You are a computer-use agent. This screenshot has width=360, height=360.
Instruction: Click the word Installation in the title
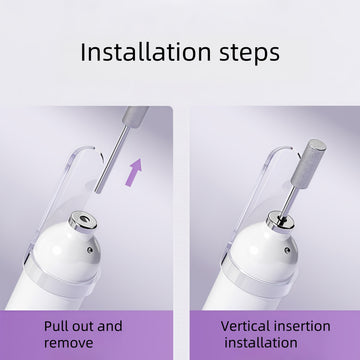[x=146, y=52]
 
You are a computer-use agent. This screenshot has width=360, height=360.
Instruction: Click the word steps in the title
[x=250, y=53]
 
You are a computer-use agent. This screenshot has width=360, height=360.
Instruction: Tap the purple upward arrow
[x=134, y=172]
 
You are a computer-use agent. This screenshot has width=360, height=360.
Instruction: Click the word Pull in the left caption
[x=55, y=326]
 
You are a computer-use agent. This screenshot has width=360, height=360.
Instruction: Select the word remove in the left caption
[x=69, y=343]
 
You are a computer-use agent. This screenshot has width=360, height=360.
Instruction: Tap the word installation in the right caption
[x=261, y=343]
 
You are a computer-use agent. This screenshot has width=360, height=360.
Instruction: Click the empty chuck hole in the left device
[x=83, y=219]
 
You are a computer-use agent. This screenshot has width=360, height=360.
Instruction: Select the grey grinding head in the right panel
[x=309, y=163]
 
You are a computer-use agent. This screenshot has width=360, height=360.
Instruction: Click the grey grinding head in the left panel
[x=136, y=115]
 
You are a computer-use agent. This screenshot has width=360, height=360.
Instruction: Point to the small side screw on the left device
[x=90, y=249]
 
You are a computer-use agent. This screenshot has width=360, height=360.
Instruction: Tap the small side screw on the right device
[x=287, y=249]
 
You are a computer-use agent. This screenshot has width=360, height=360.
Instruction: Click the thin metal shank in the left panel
[x=111, y=159]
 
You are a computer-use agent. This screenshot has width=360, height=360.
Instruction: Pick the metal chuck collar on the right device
[x=280, y=222]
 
